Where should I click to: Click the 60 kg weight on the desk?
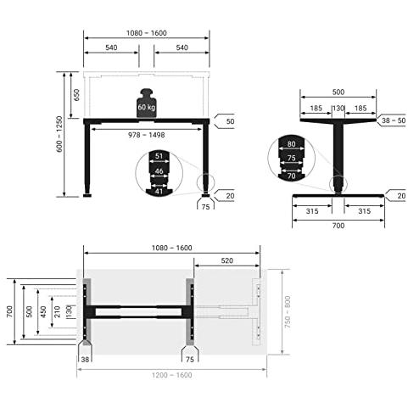146,103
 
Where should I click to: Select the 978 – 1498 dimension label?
147,135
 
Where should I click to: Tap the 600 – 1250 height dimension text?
59,134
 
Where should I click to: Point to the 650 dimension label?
76,95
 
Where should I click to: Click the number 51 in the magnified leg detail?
159,156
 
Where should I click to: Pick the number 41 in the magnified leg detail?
159,192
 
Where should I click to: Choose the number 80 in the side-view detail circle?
291,144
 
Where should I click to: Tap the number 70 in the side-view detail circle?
291,176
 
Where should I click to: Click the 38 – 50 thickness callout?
394,120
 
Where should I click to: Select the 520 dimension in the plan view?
227,260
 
